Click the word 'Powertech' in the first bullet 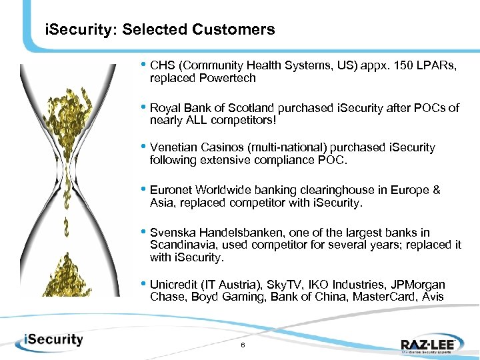[x=234, y=78]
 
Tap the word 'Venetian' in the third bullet [x=172, y=148]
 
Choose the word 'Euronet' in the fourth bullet [x=170, y=190]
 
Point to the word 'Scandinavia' [x=179, y=245]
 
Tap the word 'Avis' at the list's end [x=432, y=297]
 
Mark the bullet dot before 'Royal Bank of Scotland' [x=143, y=107]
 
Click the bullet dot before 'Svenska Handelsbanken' [x=143, y=232]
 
